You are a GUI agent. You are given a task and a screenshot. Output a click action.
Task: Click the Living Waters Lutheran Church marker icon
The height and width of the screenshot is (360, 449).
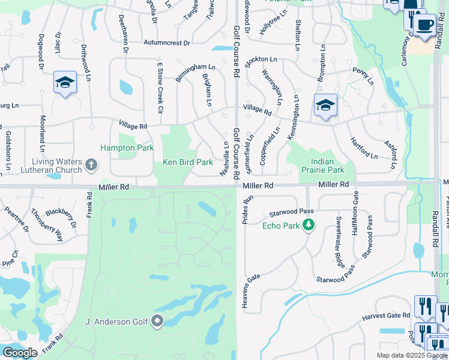91,164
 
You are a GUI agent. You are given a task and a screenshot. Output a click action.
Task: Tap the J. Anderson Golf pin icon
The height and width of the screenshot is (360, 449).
158,322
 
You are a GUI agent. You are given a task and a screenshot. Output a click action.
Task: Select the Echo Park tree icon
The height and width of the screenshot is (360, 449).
309,226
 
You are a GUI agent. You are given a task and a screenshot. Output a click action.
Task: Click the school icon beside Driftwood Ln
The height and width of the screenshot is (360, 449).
65,83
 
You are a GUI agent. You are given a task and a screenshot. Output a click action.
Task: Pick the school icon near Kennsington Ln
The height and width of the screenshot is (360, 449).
325,106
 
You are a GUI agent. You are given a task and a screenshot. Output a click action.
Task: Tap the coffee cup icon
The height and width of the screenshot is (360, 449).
425,26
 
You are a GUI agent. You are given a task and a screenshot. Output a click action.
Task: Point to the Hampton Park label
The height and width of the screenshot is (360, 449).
127,148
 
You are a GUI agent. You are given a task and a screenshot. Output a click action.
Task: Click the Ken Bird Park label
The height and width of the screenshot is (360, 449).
188,162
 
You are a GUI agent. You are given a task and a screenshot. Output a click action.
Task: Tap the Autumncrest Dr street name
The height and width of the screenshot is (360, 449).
166,43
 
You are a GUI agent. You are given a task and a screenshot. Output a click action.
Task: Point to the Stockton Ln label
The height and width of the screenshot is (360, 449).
260,60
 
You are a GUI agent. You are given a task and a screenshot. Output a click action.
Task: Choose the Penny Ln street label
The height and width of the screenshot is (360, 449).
363,71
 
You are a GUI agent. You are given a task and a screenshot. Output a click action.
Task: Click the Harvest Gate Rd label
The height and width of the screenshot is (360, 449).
385,316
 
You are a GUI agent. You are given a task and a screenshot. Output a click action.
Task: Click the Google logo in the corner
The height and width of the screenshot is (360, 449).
20,353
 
